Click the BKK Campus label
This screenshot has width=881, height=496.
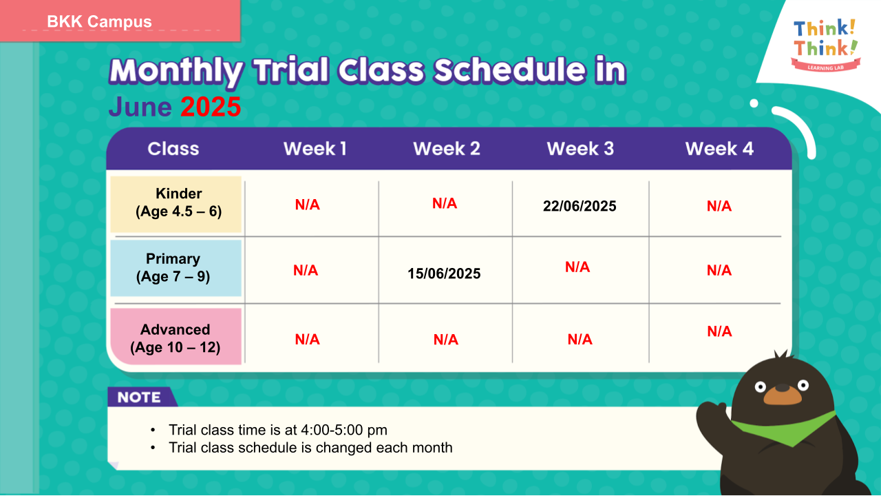click(99, 21)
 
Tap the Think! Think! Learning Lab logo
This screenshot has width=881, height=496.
click(825, 45)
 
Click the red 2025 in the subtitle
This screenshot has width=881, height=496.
click(211, 107)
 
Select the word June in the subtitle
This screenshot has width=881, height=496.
click(140, 107)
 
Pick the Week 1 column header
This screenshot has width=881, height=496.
click(315, 149)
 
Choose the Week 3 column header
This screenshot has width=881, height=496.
click(580, 149)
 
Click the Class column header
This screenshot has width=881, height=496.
click(173, 149)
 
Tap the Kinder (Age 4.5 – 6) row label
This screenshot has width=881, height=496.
click(178, 203)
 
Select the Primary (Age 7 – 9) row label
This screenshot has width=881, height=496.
click(173, 268)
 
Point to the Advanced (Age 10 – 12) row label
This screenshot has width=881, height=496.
click(175, 338)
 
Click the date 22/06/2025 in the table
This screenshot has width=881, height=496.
click(580, 206)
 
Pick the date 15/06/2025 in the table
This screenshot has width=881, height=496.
click(444, 273)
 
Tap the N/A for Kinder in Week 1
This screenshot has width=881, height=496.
click(307, 205)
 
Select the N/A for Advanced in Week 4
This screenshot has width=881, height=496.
click(719, 331)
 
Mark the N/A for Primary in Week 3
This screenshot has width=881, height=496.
click(577, 267)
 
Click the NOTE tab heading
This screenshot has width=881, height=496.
click(139, 397)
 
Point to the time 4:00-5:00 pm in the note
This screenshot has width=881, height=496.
click(343, 430)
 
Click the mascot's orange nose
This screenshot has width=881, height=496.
click(783, 395)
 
